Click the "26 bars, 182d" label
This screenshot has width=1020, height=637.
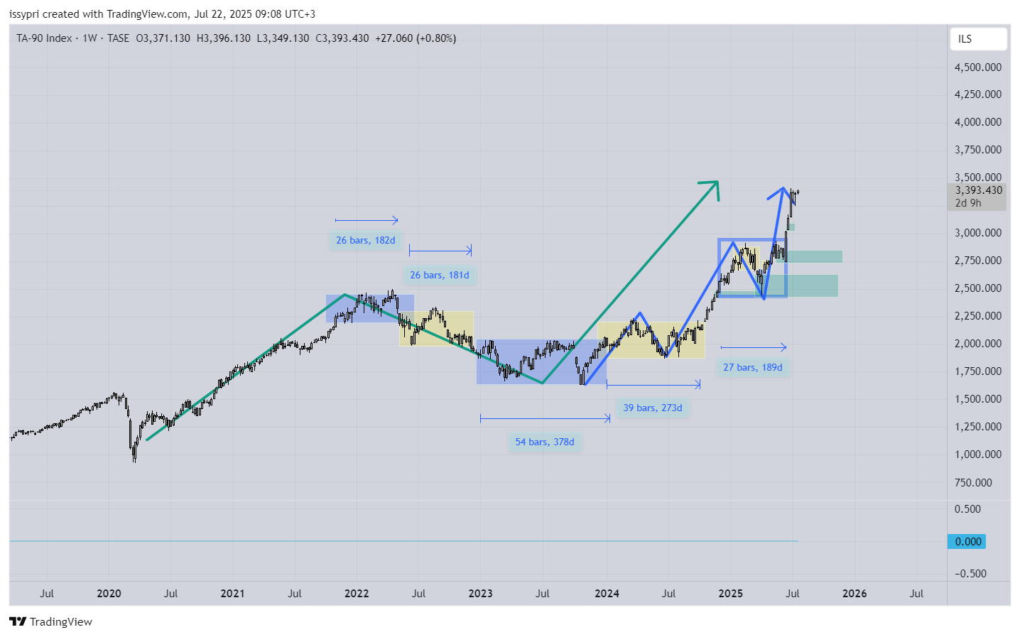tap(365, 240)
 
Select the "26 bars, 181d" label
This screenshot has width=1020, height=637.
tap(439, 275)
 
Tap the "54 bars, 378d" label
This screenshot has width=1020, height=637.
tap(544, 442)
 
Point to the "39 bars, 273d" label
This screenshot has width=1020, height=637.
tap(652, 408)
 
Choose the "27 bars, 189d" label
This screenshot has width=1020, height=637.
tap(752, 367)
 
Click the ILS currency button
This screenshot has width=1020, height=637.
tap(977, 39)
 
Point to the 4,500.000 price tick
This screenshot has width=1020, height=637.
tap(977, 67)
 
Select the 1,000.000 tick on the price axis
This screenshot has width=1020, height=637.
tap(977, 454)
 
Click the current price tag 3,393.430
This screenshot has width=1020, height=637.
tap(977, 190)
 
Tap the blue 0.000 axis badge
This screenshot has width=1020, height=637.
tap(967, 542)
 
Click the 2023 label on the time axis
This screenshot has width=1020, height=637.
tap(480, 594)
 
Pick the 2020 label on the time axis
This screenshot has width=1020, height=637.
tap(109, 594)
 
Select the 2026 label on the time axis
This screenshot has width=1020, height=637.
tap(854, 594)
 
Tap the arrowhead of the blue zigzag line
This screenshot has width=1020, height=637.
tap(783, 190)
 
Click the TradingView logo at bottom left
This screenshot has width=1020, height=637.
tap(50, 622)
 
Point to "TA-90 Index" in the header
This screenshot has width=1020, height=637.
tap(44, 38)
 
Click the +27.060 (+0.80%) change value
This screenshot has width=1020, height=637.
tap(416, 38)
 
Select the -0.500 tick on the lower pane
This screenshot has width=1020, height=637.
tap(970, 574)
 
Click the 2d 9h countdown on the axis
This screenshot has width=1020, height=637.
tap(968, 203)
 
